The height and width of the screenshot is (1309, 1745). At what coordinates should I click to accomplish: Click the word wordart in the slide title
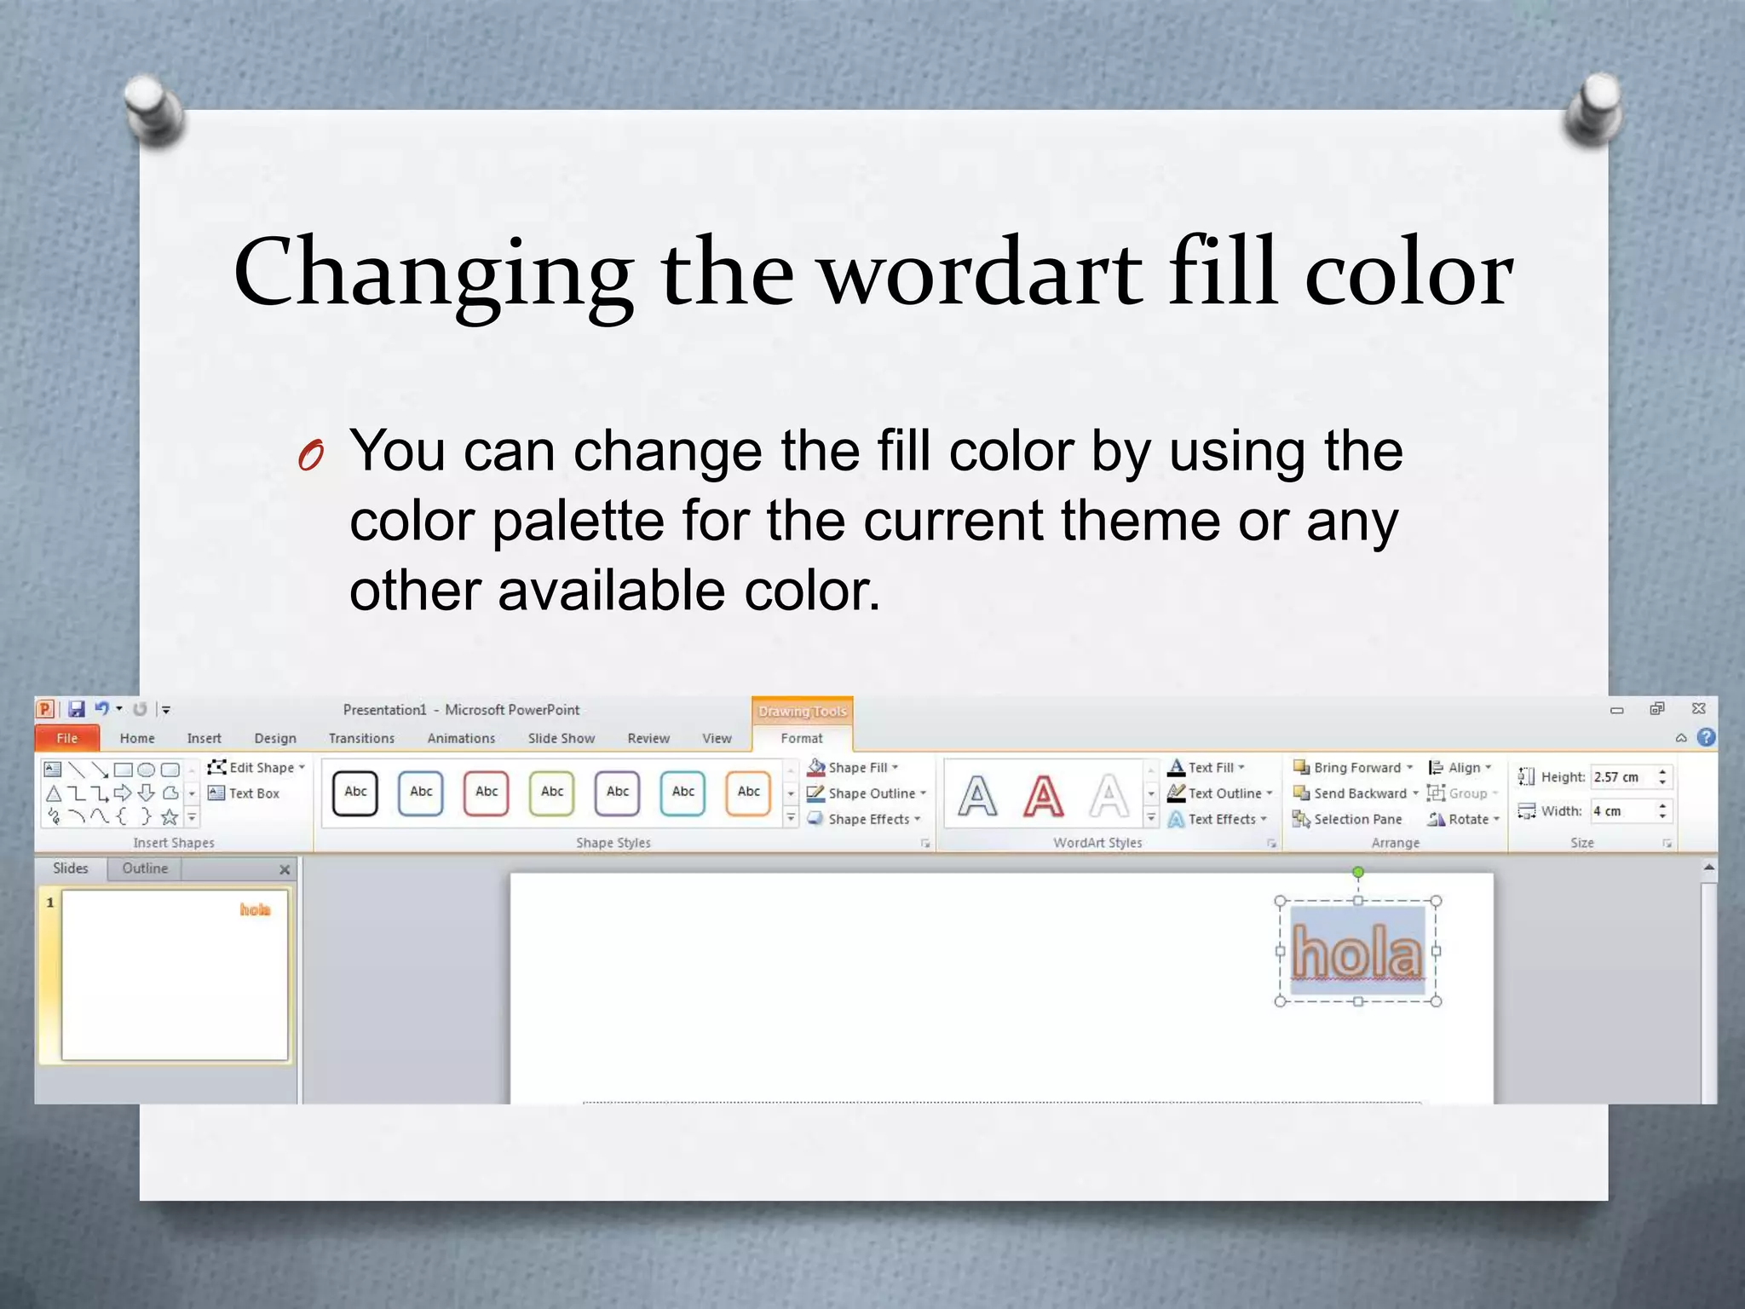[981, 273]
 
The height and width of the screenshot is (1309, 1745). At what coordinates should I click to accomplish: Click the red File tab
[67, 738]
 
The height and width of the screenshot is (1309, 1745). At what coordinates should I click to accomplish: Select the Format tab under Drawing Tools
[801, 738]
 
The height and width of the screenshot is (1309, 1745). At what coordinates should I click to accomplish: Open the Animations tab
[461, 738]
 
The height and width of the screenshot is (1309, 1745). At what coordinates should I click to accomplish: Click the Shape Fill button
[852, 767]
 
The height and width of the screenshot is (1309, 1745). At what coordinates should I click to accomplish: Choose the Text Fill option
[1206, 767]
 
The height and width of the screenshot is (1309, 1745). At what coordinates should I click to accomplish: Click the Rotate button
[1463, 819]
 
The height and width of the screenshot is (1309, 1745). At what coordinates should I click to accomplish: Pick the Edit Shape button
[256, 767]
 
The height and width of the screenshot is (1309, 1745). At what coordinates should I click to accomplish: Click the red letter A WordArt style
[1043, 796]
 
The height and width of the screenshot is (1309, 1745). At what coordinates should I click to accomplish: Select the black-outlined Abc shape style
[355, 793]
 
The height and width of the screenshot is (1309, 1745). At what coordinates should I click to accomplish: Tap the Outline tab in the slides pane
[145, 868]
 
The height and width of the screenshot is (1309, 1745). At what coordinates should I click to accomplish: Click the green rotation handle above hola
[1358, 872]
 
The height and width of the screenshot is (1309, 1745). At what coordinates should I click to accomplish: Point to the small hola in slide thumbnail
[255, 909]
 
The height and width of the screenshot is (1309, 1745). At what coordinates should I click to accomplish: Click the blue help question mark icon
[1706, 737]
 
